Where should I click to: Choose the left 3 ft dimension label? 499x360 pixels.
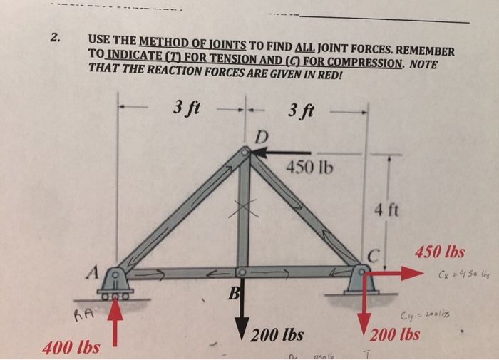[x=186, y=109]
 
